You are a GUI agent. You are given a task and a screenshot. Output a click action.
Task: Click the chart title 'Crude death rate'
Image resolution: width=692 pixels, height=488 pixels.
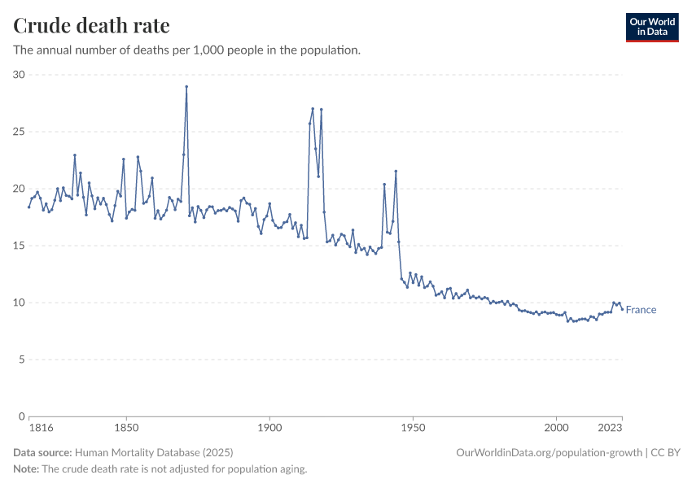pyautogui.click(x=91, y=26)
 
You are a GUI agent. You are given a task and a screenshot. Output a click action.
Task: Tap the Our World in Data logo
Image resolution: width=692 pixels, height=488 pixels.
pyautogui.click(x=651, y=27)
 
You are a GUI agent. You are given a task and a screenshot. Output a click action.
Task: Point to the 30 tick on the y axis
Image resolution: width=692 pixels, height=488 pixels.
pyautogui.click(x=19, y=75)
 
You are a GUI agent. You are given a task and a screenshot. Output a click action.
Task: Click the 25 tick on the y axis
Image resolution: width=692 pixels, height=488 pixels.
pyautogui.click(x=19, y=132)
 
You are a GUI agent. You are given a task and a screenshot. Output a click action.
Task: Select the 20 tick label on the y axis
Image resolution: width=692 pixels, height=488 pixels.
pyautogui.click(x=19, y=189)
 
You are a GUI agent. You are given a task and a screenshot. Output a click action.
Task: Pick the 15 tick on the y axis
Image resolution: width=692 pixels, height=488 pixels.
pyautogui.click(x=19, y=246)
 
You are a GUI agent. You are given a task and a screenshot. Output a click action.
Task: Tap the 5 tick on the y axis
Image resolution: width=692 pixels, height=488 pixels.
pyautogui.click(x=22, y=359)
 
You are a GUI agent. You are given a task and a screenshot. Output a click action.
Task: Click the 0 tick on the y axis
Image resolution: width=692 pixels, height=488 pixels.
pyautogui.click(x=22, y=416)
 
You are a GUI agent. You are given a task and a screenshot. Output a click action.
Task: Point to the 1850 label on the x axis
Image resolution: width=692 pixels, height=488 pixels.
pyautogui.click(x=125, y=427)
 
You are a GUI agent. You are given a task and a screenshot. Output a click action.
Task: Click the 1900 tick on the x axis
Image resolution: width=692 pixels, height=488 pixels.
pyautogui.click(x=269, y=427)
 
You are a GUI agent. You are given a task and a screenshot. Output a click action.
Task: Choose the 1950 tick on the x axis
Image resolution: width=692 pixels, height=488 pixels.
pyautogui.click(x=413, y=427)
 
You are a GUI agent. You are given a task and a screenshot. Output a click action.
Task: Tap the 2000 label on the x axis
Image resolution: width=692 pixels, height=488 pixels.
pyautogui.click(x=556, y=427)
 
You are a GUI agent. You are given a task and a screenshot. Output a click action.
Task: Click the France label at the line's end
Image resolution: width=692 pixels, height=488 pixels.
pyautogui.click(x=641, y=310)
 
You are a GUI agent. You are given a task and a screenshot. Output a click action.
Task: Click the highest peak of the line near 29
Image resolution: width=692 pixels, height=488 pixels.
pyautogui.click(x=186, y=86)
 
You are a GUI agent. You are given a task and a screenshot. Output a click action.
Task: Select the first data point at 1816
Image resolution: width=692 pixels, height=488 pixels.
pyautogui.click(x=28, y=207)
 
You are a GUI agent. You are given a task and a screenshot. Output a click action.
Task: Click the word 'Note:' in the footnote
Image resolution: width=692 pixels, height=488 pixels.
pyautogui.click(x=26, y=469)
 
